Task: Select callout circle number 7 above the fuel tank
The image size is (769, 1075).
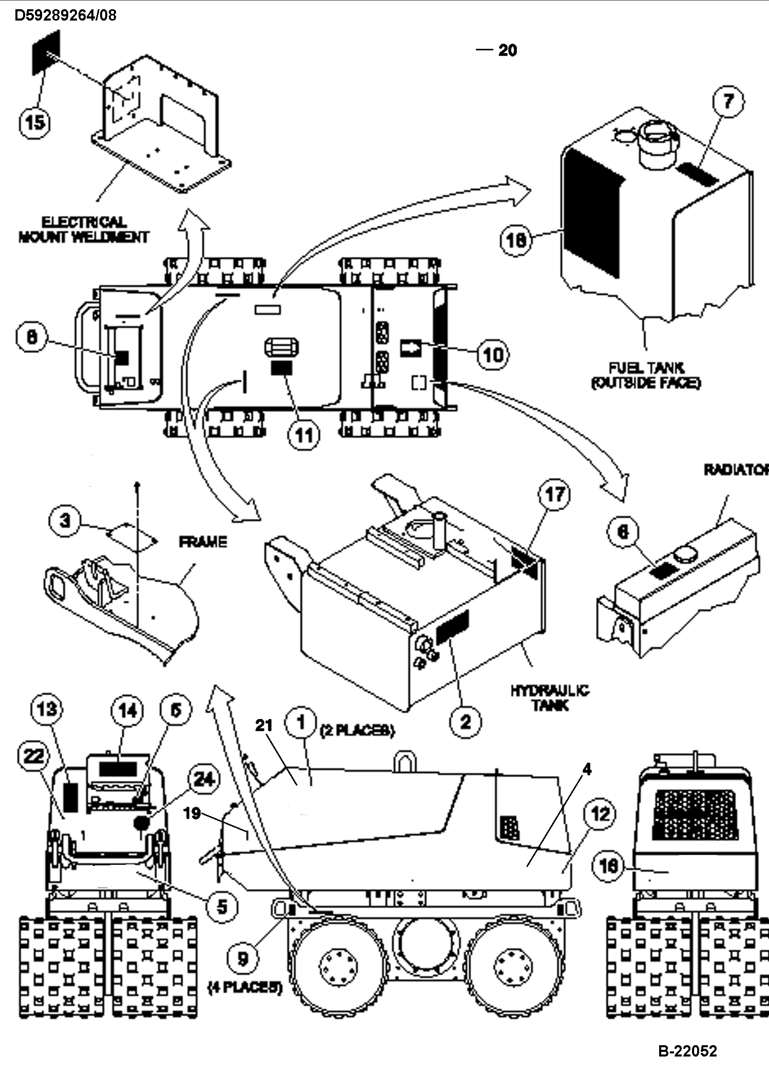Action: click(728, 101)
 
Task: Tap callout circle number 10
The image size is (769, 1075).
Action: click(493, 354)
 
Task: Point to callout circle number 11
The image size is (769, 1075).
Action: click(304, 435)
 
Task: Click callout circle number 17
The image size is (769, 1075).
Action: click(555, 495)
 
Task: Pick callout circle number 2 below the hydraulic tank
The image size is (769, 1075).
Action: click(465, 722)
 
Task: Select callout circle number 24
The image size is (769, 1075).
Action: click(203, 780)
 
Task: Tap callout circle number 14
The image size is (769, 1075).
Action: click(128, 711)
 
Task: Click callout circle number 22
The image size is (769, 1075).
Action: click(34, 756)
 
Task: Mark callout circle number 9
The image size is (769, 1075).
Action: click(242, 958)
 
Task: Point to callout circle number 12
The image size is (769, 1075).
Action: click(600, 813)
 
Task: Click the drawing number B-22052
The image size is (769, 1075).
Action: click(687, 1051)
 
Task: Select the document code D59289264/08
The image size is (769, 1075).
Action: click(66, 15)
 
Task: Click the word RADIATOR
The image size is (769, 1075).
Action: click(735, 470)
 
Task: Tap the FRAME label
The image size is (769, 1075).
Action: click(203, 542)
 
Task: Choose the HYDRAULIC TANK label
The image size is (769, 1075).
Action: click(549, 697)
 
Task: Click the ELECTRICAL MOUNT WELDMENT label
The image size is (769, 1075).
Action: click(83, 229)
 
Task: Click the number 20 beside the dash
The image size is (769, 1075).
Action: click(507, 50)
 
